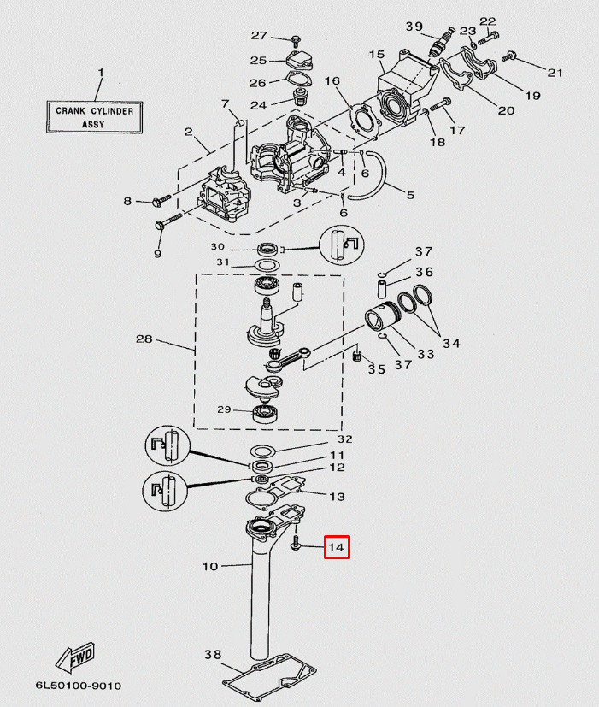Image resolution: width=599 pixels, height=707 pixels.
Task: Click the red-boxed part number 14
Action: tap(337, 547)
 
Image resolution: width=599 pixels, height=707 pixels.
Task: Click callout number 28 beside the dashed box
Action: tap(144, 339)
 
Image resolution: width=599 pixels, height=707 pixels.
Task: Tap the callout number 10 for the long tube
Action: tap(210, 566)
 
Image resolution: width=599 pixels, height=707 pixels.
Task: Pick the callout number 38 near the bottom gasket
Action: tap(212, 655)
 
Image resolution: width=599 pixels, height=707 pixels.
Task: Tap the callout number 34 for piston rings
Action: tap(451, 344)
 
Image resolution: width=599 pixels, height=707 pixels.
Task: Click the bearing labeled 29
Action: tap(268, 413)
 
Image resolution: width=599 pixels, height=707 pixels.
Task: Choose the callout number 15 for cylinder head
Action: tap(377, 56)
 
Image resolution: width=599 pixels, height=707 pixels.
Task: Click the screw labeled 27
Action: tap(295, 38)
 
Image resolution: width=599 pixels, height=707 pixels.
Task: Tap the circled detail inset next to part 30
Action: tap(342, 246)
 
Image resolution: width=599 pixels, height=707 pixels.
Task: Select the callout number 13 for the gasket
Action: tap(337, 497)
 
